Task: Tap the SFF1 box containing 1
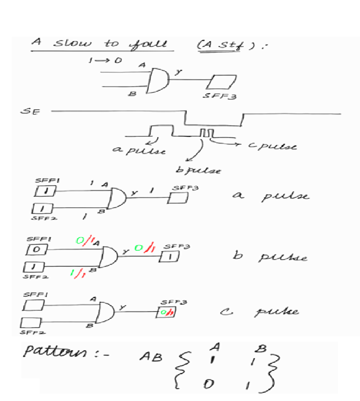tap(43, 191)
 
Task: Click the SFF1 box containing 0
tap(36, 250)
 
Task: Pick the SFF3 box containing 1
tap(169, 256)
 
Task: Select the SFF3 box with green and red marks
tap(168, 312)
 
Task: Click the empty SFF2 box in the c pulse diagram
tap(31, 323)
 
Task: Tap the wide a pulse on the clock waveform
tap(160, 130)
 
